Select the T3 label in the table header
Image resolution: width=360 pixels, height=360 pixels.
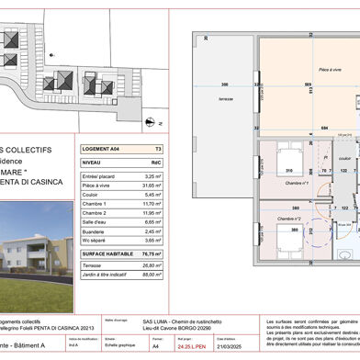pyautogui.click(x=158, y=146)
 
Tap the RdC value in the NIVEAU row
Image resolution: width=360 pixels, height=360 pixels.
pyautogui.click(x=156, y=160)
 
